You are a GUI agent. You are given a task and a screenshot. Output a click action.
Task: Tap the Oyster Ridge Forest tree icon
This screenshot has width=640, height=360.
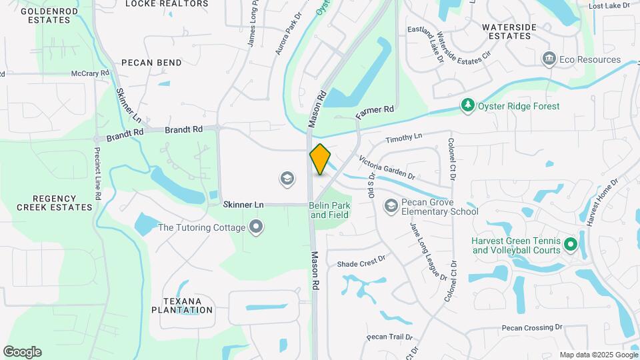(469, 106)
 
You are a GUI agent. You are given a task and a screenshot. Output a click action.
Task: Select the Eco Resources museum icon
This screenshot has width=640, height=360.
(549, 59)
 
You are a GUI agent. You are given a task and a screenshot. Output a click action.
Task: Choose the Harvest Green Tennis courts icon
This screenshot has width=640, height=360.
(571, 245)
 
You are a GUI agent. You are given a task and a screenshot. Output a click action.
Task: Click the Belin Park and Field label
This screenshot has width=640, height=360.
(329, 211)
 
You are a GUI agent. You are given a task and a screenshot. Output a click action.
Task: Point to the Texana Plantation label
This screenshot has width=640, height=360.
(181, 305)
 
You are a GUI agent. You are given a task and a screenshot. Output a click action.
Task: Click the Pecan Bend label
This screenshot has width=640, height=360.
(151, 63)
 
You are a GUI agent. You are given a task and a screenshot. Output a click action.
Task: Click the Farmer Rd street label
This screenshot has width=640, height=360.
(375, 112)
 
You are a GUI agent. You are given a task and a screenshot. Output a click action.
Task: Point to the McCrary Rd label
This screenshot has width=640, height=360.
(90, 73)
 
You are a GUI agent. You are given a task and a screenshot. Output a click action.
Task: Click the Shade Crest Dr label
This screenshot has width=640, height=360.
(361, 263)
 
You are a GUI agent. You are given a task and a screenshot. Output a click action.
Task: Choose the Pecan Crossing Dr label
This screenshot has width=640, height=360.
(532, 328)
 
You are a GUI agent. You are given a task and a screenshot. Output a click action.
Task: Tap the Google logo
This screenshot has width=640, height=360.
(22, 352)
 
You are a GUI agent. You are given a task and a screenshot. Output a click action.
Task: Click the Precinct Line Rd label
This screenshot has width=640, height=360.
(97, 173)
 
